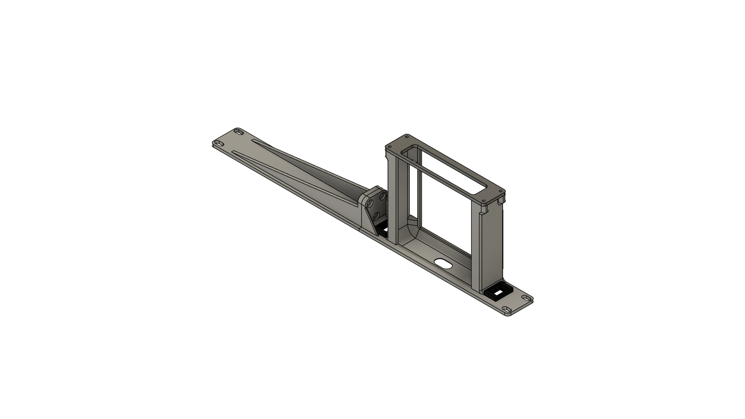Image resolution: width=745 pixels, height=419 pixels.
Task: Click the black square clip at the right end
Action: pos(498,293)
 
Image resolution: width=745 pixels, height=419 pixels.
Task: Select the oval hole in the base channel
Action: pos(443,263)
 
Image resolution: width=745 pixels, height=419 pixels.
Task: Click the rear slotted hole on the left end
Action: pos(239,132)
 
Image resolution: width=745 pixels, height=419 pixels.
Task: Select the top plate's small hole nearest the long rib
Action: pos(407,137)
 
